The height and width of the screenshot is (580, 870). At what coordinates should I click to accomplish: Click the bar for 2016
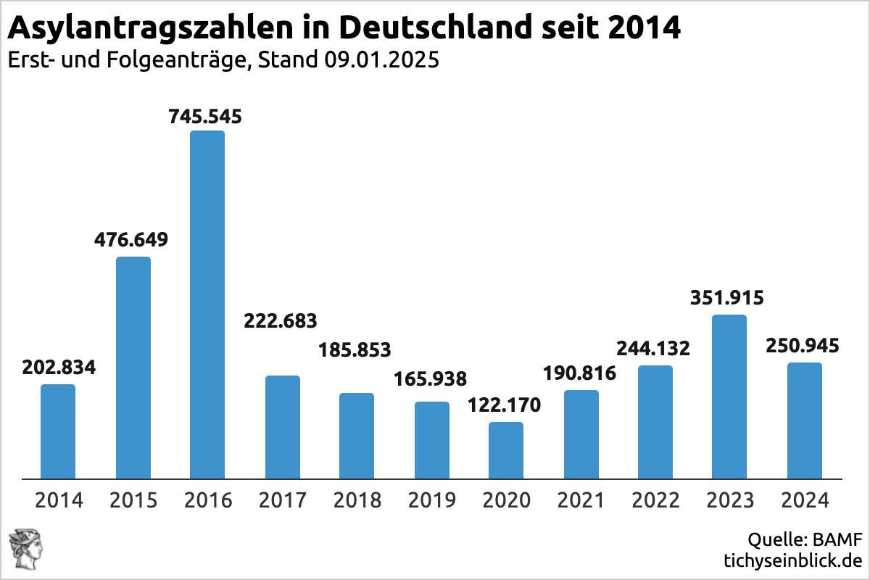207,304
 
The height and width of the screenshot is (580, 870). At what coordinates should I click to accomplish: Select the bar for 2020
506,450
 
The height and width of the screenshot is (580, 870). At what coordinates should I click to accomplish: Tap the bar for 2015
133,368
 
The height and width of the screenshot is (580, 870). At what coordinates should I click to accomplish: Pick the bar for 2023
729,397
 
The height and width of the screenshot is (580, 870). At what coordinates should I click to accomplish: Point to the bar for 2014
58,431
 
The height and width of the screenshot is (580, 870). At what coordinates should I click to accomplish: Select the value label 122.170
505,405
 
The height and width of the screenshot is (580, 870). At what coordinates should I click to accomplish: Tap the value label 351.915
728,298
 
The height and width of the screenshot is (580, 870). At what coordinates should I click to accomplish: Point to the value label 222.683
281,320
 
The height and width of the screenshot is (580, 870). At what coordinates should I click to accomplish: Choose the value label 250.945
803,345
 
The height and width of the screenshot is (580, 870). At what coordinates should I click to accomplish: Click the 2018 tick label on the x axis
357,500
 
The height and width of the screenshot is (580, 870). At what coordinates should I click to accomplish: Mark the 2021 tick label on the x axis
581,500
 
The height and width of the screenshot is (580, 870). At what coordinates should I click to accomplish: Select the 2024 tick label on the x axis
805,500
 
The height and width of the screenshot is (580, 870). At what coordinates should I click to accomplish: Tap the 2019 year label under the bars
432,500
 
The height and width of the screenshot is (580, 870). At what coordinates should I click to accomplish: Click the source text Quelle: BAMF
805,540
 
